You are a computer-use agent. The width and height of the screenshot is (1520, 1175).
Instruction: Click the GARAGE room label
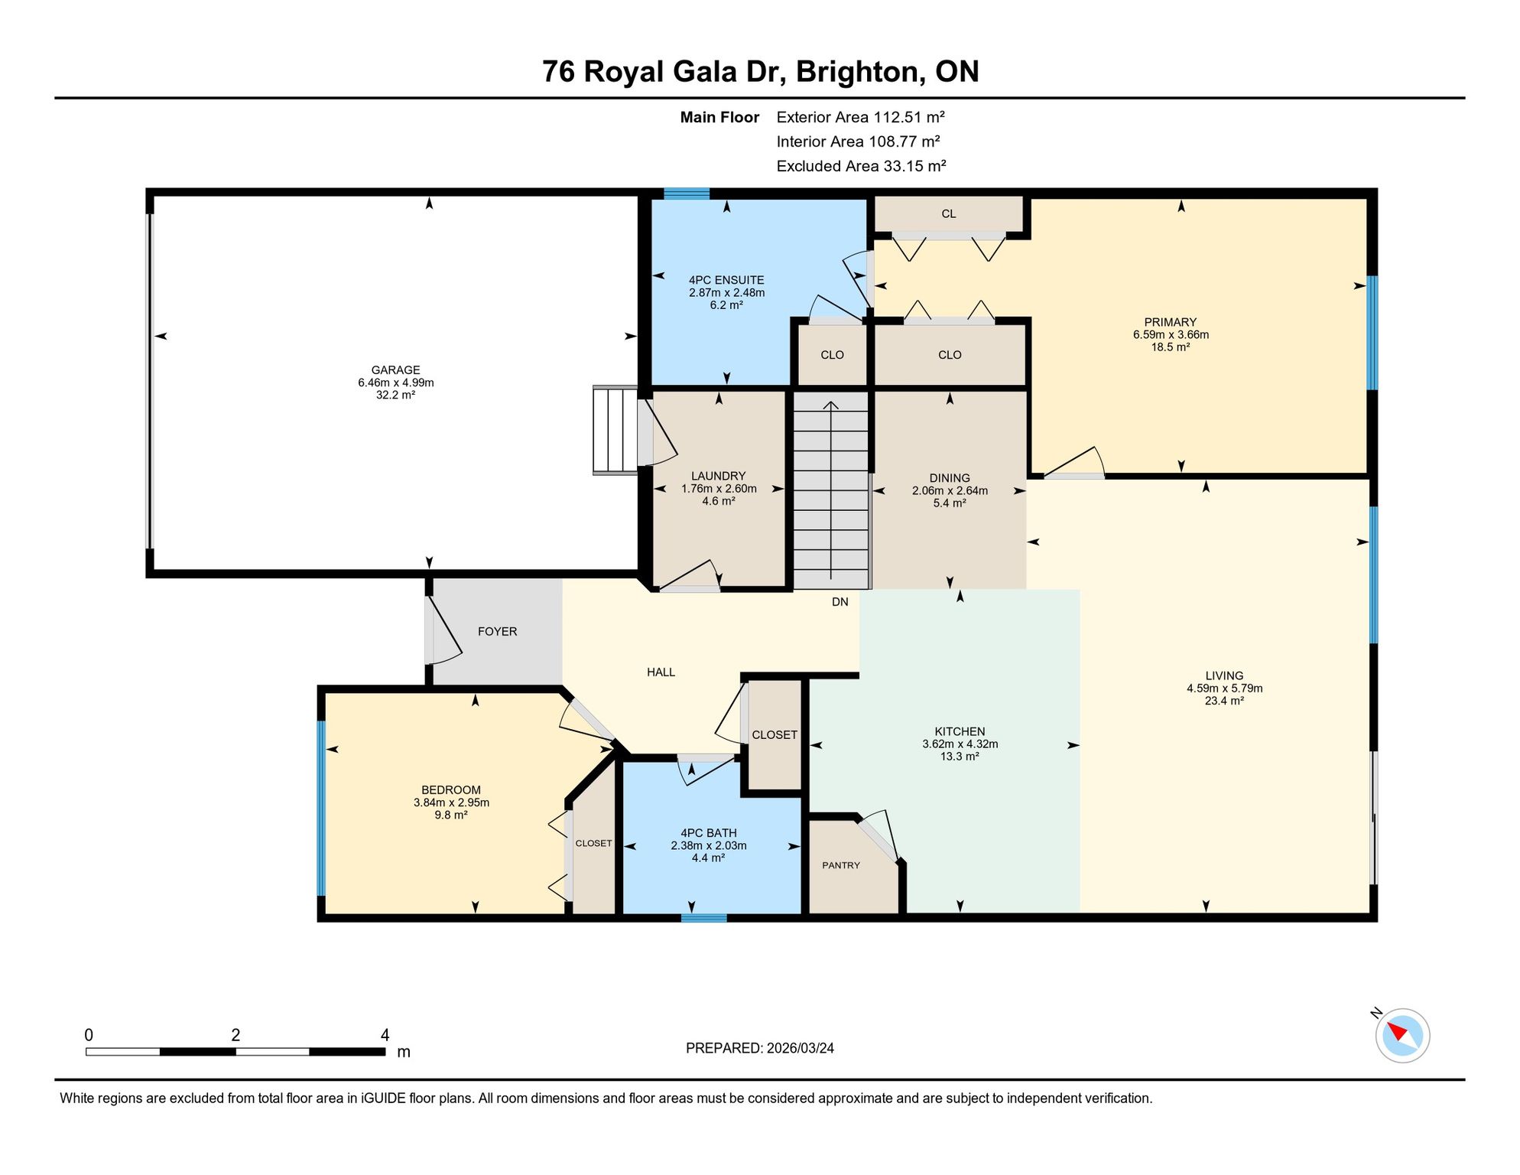pos(395,370)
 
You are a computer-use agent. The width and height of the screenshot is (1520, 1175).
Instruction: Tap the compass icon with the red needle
pos(1402,1035)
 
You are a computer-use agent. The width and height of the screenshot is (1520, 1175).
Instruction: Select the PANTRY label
pos(841,865)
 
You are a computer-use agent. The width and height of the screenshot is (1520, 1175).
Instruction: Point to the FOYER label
pos(497,632)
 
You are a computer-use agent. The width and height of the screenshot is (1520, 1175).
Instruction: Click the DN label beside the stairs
pos(840,602)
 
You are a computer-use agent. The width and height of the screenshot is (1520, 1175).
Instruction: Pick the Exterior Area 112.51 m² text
pos(860,117)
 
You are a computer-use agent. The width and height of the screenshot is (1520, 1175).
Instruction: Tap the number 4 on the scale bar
pos(385,1035)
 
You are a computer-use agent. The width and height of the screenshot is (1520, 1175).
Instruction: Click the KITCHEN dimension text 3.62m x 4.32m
pos(960,744)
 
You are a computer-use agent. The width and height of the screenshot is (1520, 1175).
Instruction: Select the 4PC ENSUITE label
pos(726,280)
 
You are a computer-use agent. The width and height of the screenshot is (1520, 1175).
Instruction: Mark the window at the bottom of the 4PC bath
pos(703,918)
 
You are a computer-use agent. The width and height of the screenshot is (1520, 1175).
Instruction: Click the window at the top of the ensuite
pos(687,193)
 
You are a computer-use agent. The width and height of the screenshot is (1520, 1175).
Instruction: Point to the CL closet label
pos(949,214)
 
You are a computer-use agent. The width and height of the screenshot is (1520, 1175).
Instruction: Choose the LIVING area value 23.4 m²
pos(1224,701)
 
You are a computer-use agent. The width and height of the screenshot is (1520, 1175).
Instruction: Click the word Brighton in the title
pos(856,72)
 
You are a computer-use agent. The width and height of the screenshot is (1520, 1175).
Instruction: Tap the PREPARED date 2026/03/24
pos(801,1048)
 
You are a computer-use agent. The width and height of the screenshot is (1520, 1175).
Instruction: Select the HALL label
pos(661,672)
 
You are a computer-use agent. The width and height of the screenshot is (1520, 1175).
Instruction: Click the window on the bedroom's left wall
pos(322,809)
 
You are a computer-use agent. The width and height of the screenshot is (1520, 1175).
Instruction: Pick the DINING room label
pos(950,478)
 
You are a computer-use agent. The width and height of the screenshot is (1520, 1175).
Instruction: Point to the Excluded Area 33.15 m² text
pos(861,166)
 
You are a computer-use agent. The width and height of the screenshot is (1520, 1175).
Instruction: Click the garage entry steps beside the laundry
pos(615,430)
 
